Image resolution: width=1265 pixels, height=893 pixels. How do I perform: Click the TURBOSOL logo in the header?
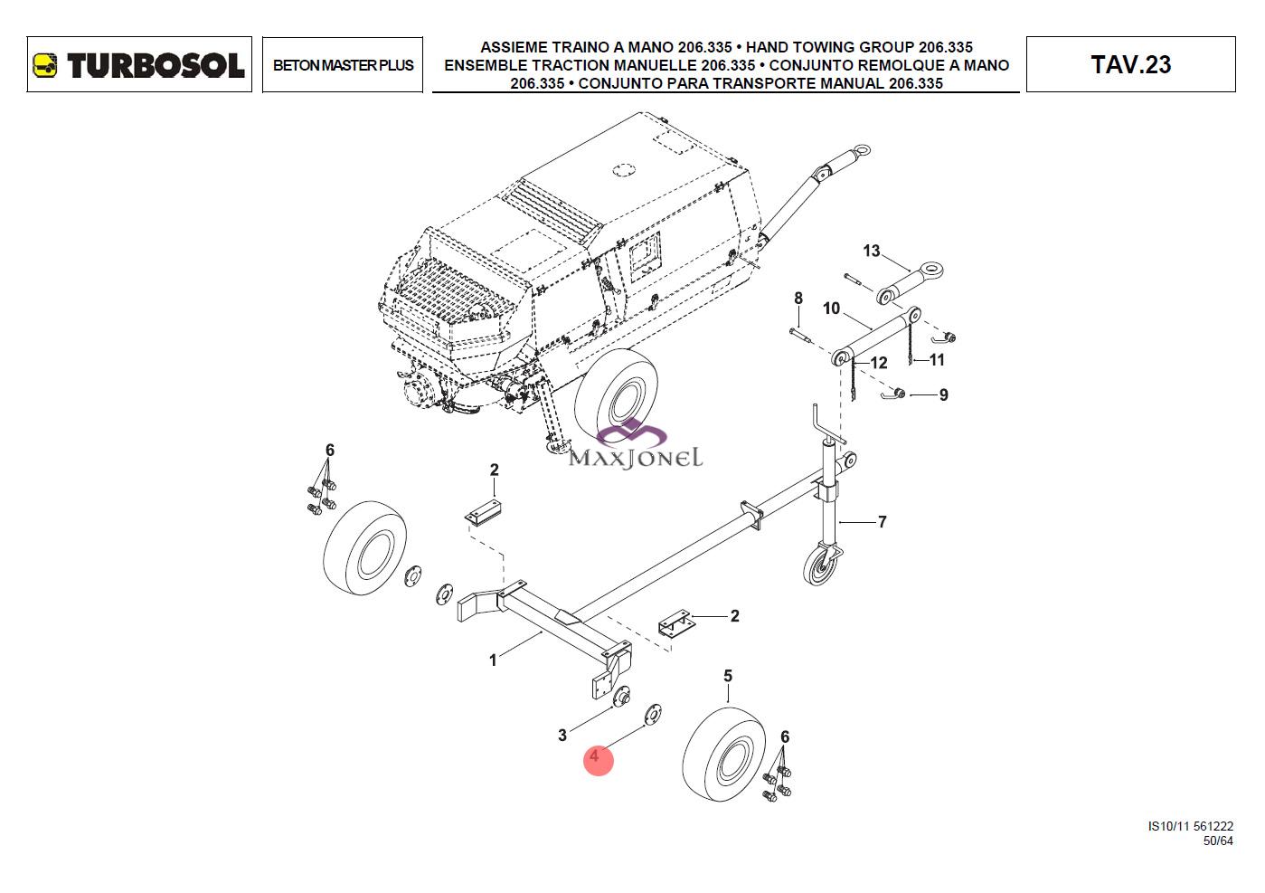pyautogui.click(x=139, y=65)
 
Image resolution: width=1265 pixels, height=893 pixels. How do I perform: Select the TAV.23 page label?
pyautogui.click(x=1130, y=65)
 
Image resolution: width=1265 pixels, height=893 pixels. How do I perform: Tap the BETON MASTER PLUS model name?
pyautogui.click(x=343, y=65)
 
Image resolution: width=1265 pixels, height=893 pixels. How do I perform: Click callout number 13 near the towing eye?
pyautogui.click(x=871, y=251)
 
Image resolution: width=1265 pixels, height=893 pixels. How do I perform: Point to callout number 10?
pyautogui.click(x=831, y=309)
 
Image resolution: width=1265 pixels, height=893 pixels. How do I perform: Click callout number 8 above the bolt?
pyautogui.click(x=798, y=299)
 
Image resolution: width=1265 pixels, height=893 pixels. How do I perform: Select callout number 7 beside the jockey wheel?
pyautogui.click(x=882, y=521)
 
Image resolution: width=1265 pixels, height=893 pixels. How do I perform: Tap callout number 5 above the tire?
pyautogui.click(x=728, y=676)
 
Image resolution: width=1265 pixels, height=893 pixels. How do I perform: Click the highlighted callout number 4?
pyautogui.click(x=595, y=755)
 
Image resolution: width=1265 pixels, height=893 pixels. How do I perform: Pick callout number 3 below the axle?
pyautogui.click(x=562, y=735)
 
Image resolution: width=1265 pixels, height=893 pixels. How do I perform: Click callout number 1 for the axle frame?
pyautogui.click(x=493, y=660)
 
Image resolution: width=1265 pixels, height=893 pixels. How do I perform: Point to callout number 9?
pyautogui.click(x=943, y=395)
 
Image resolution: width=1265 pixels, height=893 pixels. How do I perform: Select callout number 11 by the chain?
pyautogui.click(x=937, y=360)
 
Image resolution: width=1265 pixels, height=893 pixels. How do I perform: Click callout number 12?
pyautogui.click(x=878, y=363)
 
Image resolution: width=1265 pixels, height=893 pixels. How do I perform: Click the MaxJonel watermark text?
pyautogui.click(x=635, y=457)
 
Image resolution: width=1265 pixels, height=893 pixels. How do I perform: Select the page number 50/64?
pyautogui.click(x=1217, y=841)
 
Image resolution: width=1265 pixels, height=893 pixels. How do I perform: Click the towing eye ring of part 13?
pyautogui.click(x=931, y=270)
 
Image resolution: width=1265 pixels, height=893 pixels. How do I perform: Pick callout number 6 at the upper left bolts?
pyautogui.click(x=330, y=450)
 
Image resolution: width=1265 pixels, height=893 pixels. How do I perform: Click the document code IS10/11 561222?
pyautogui.click(x=1190, y=826)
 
